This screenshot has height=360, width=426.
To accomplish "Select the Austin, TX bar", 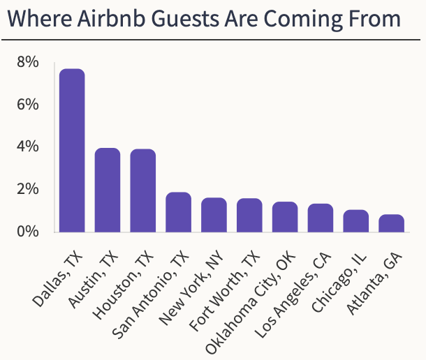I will coord(108,190).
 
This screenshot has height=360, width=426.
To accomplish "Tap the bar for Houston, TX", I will coord(143,190).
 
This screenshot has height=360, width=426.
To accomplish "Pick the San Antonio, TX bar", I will coord(178,212).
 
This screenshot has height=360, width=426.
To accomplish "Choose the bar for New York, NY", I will coord(214,215).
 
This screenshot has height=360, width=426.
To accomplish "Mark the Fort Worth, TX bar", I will coord(249,216).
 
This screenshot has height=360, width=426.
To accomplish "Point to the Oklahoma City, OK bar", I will coord(285,217).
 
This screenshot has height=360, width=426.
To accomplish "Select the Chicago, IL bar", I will coord(356,221).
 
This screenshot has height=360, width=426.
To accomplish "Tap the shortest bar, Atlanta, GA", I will coord(392,223).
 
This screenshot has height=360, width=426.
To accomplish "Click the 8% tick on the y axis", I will coord(27,63).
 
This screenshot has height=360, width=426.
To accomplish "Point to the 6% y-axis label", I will coord(27,105).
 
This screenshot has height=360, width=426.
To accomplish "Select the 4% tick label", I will coord(27,147).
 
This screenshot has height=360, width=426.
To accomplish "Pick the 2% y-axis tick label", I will coord(27,189).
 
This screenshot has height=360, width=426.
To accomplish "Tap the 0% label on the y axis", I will coord(27,231).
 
